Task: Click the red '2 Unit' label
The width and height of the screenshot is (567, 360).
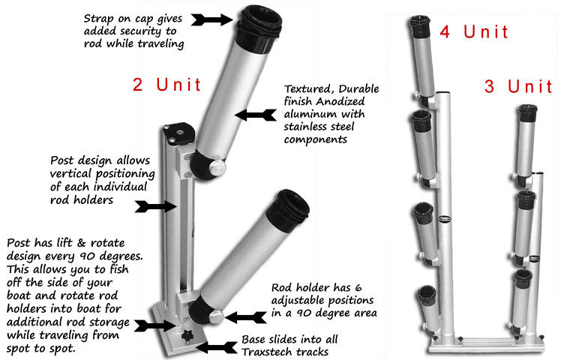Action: coord(166,84)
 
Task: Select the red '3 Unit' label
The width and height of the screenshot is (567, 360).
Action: coord(518,86)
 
